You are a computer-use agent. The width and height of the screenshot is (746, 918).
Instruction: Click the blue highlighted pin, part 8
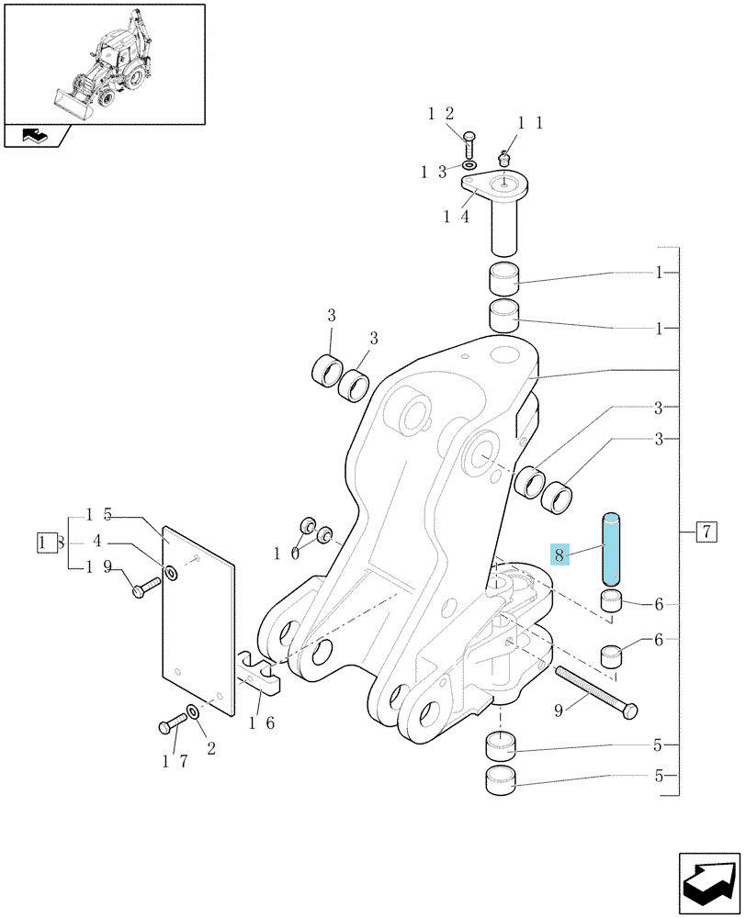point(611,549)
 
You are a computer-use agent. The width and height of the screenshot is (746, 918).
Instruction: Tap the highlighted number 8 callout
point(559,554)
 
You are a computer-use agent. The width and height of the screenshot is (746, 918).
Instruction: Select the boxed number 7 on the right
point(706,532)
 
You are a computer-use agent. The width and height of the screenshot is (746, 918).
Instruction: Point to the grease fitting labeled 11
point(503,159)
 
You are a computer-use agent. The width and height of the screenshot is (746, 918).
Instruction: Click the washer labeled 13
point(469,165)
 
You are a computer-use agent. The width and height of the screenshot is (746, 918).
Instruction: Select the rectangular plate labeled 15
point(198,619)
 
